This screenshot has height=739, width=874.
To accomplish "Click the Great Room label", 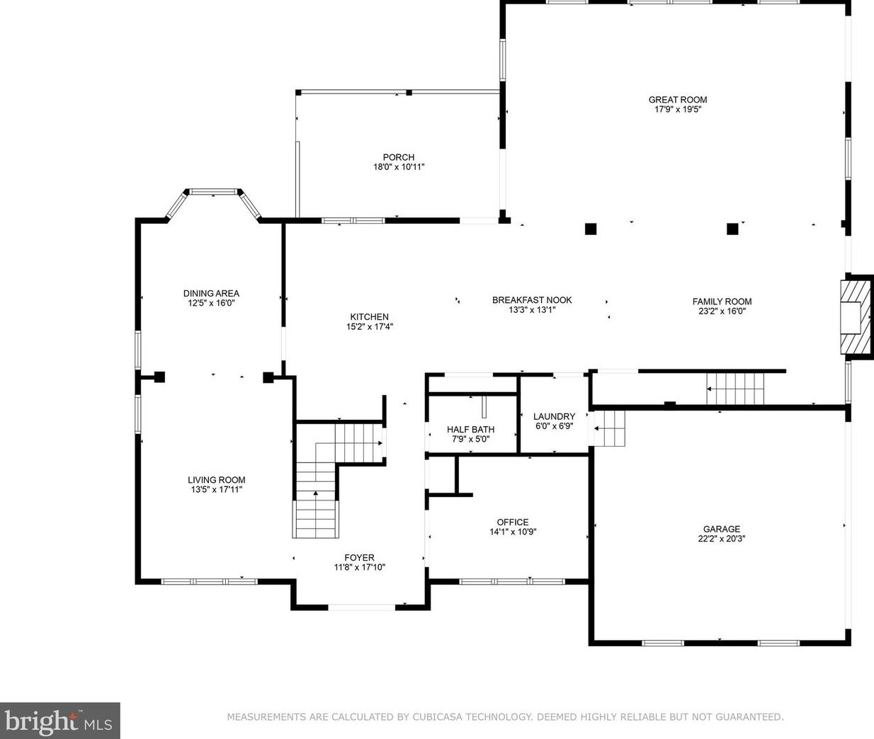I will tap(678, 100).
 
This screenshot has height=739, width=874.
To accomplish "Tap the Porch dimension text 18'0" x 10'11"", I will tap(399, 167).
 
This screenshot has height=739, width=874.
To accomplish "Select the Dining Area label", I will tap(211, 293).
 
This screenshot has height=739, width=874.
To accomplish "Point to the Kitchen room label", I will tap(369, 317).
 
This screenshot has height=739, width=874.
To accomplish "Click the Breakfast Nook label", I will tap(532, 300).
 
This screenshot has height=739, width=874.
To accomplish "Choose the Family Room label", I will tap(722, 302).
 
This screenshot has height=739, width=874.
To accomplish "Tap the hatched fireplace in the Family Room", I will tap(854, 316).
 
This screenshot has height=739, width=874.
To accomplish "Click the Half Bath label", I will tap(470, 430).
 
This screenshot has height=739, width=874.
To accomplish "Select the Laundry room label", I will tap(554, 417).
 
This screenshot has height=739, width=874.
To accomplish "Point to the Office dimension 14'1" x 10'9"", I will tap(512, 532).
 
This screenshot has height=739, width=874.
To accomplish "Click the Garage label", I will tap(721, 529).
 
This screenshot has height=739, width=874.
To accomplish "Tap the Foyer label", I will tap(359, 558).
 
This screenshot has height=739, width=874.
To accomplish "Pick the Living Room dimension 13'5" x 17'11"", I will tap(216, 489).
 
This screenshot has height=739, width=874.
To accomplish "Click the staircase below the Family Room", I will tap(736, 388).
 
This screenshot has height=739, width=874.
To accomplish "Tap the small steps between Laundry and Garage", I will tap(610, 428).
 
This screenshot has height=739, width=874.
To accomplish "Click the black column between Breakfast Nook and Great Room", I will tap(591, 229).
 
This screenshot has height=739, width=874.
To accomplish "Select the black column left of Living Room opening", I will tap(159, 377).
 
